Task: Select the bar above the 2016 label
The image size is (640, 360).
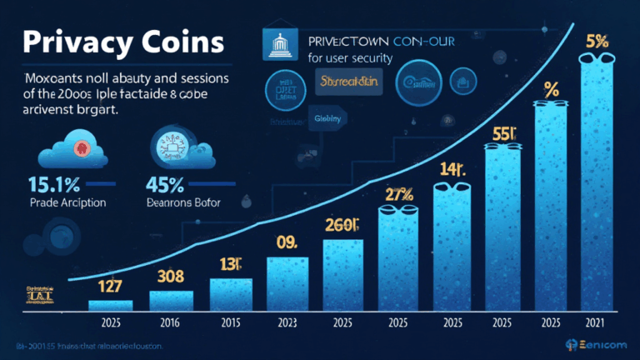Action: (171, 299)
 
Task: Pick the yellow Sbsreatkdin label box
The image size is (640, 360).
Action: (346, 81)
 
